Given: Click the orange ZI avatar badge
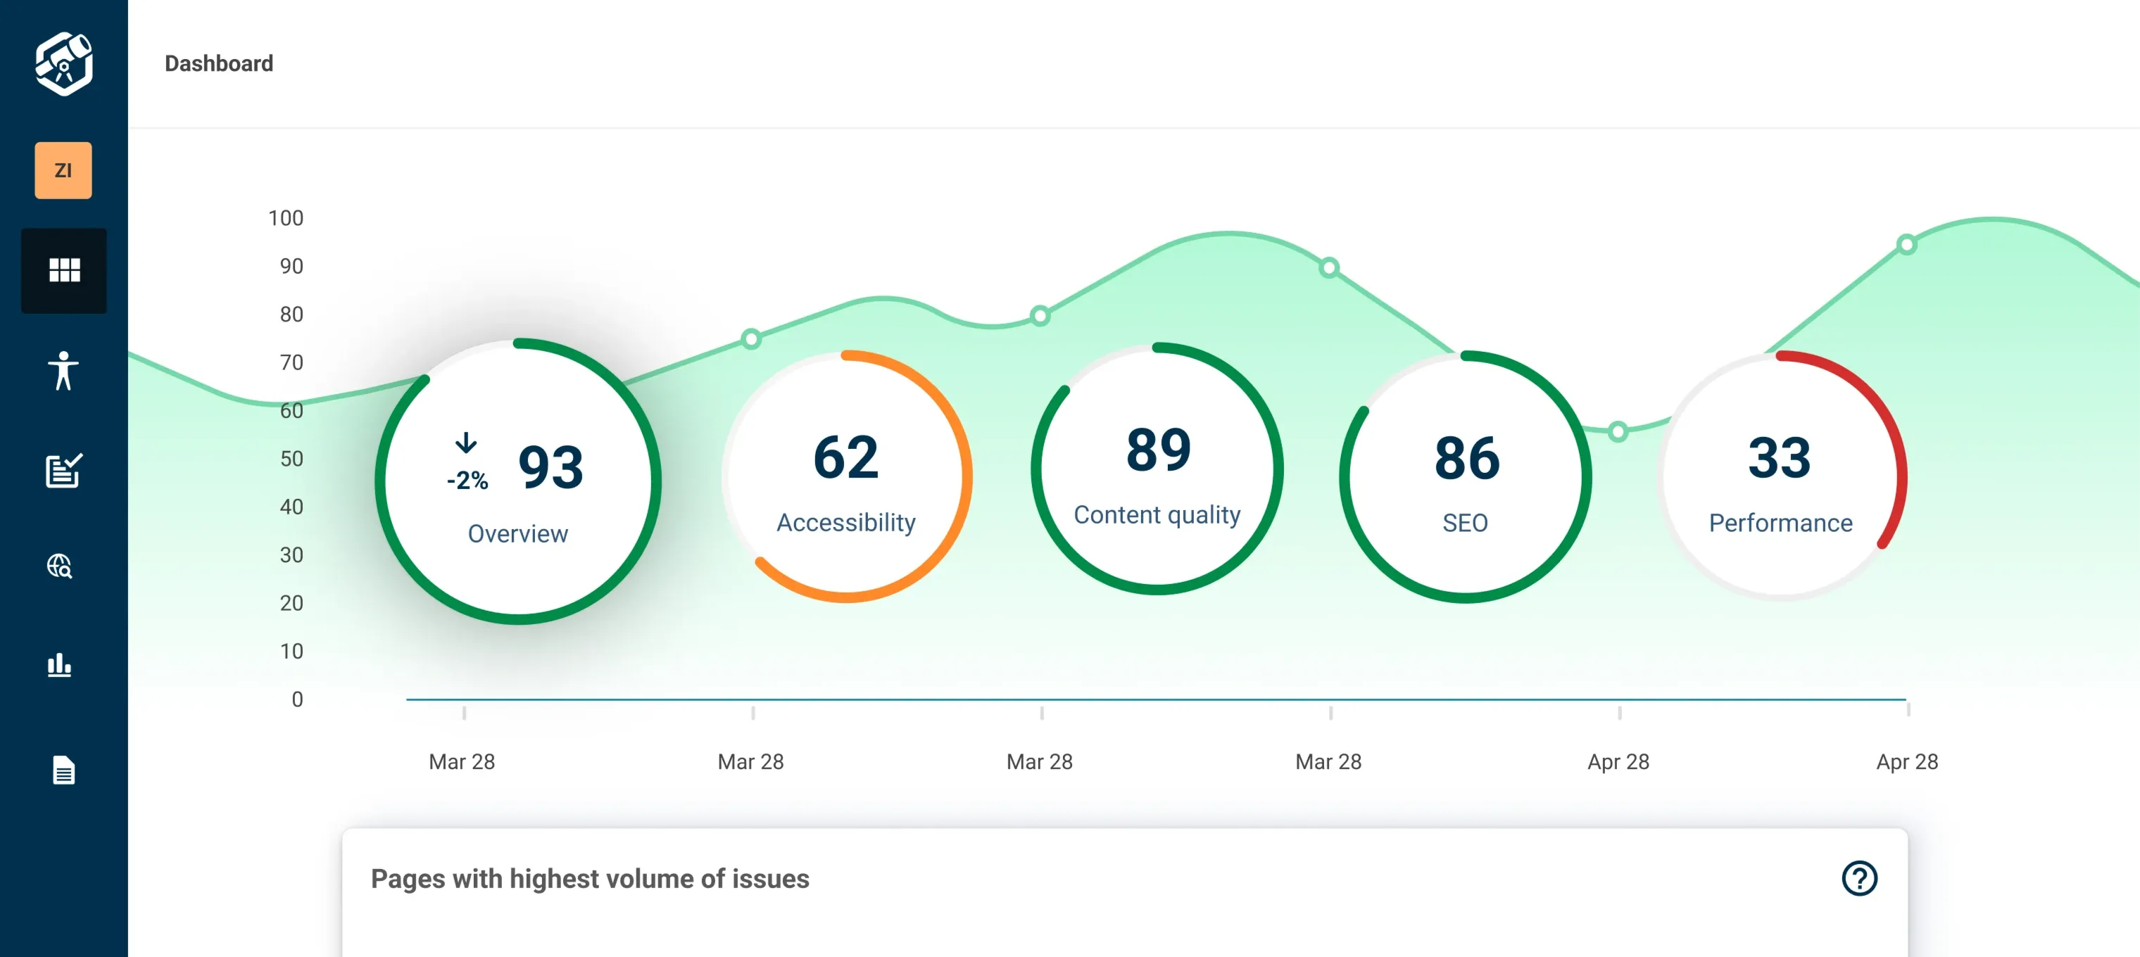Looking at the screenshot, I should [x=63, y=170].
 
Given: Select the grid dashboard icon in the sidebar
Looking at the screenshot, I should [x=64, y=270].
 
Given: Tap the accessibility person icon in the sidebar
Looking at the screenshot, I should [x=63, y=371].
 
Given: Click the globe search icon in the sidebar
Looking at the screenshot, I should [x=60, y=566].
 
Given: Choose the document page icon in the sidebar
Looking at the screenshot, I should [x=64, y=770].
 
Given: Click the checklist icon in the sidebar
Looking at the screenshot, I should [x=63, y=470].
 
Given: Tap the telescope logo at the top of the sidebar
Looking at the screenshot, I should [x=64, y=64].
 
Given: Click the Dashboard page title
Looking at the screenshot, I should [x=218, y=64].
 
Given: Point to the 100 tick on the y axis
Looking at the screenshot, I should [x=286, y=217].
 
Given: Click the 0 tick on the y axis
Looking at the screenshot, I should [x=296, y=699].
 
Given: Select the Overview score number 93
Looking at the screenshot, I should [x=550, y=467].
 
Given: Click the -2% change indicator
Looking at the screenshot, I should [x=467, y=479].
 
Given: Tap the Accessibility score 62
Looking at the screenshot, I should [x=845, y=457].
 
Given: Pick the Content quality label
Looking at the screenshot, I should [x=1157, y=515].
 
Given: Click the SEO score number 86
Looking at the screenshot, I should [x=1466, y=459].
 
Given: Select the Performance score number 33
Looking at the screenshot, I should [x=1779, y=457].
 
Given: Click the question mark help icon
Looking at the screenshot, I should [x=1859, y=878].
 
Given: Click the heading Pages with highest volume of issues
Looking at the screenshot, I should [x=590, y=879].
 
